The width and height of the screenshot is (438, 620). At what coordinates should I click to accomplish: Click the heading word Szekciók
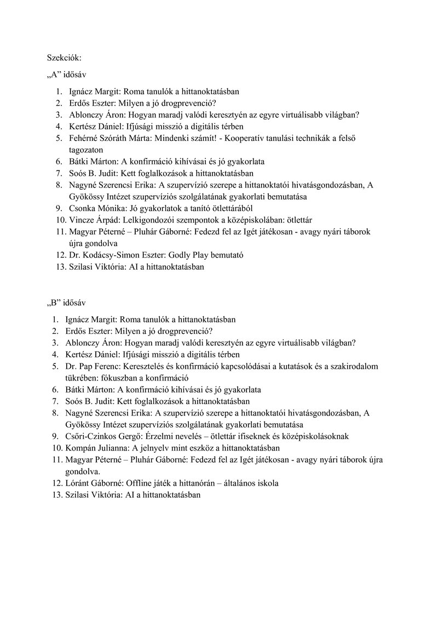64,56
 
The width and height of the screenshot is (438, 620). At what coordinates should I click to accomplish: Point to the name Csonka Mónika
95,208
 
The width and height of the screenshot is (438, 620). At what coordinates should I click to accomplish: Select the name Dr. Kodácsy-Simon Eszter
112,255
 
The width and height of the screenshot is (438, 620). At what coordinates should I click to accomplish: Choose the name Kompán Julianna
97,448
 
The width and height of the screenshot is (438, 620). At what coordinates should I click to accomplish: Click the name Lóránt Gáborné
96,483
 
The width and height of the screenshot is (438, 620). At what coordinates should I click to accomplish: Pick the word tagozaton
86,150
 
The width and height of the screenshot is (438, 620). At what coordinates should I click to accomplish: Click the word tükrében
82,378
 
